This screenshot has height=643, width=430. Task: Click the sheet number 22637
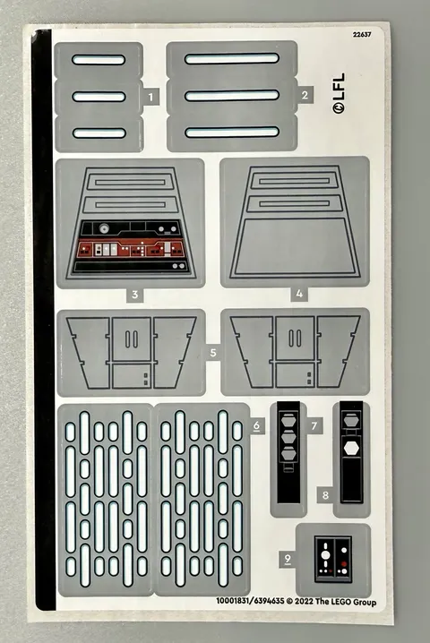(362, 34)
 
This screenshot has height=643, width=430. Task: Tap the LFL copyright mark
(339, 93)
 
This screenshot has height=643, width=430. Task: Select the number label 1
(151, 98)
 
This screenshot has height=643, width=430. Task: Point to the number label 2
(305, 95)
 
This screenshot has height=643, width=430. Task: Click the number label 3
(135, 295)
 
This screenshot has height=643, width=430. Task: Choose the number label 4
(299, 294)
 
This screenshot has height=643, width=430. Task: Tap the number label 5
(213, 352)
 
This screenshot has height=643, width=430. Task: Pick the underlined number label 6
(256, 425)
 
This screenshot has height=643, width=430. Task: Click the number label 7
(314, 426)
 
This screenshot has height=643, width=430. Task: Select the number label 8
(325, 495)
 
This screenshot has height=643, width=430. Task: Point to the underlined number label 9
(288, 559)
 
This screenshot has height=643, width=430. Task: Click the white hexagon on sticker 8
(351, 448)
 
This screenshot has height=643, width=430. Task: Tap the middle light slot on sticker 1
(99, 97)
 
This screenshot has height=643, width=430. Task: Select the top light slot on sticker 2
(232, 58)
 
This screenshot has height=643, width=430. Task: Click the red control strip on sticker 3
(131, 248)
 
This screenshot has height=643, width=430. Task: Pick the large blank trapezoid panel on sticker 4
(295, 247)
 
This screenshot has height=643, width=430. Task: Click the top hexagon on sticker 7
(288, 421)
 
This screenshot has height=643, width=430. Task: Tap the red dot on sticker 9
(344, 564)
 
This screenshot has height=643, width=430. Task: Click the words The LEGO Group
(346, 602)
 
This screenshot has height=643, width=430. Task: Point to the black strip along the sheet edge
(43, 319)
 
